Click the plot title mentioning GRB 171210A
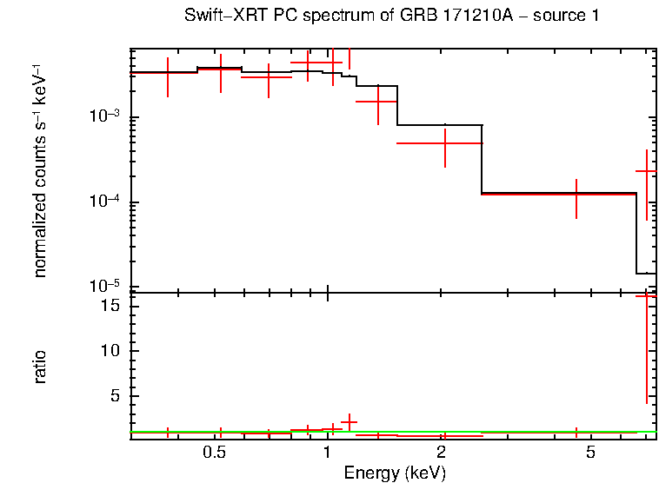click(391, 17)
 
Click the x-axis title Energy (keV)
click(395, 473)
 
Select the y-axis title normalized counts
click(40, 170)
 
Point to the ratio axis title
click(40, 367)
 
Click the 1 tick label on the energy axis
click(327, 453)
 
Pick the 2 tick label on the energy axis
click(442, 453)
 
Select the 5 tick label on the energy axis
click(590, 453)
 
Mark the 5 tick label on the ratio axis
click(116, 396)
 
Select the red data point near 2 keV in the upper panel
click(444, 142)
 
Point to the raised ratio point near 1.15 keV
click(349, 422)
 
